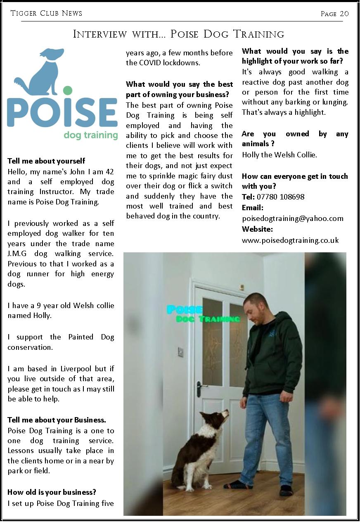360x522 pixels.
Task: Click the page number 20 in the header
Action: [344, 14]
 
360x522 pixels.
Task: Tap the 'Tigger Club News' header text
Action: [46, 13]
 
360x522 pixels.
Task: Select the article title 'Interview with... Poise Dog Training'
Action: [178, 34]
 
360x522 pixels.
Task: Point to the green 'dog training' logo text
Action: [91, 135]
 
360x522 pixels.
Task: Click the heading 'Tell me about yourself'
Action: [46, 161]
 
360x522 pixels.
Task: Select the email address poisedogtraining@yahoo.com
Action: [292, 218]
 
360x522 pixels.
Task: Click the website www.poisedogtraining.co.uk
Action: [290, 240]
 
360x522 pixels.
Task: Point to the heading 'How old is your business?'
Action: [52, 492]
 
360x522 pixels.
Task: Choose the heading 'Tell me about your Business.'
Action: [57, 420]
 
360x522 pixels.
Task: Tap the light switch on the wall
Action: [180, 352]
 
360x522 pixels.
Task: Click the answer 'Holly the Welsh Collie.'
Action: [279, 155]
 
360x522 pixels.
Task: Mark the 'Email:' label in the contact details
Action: [252, 208]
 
